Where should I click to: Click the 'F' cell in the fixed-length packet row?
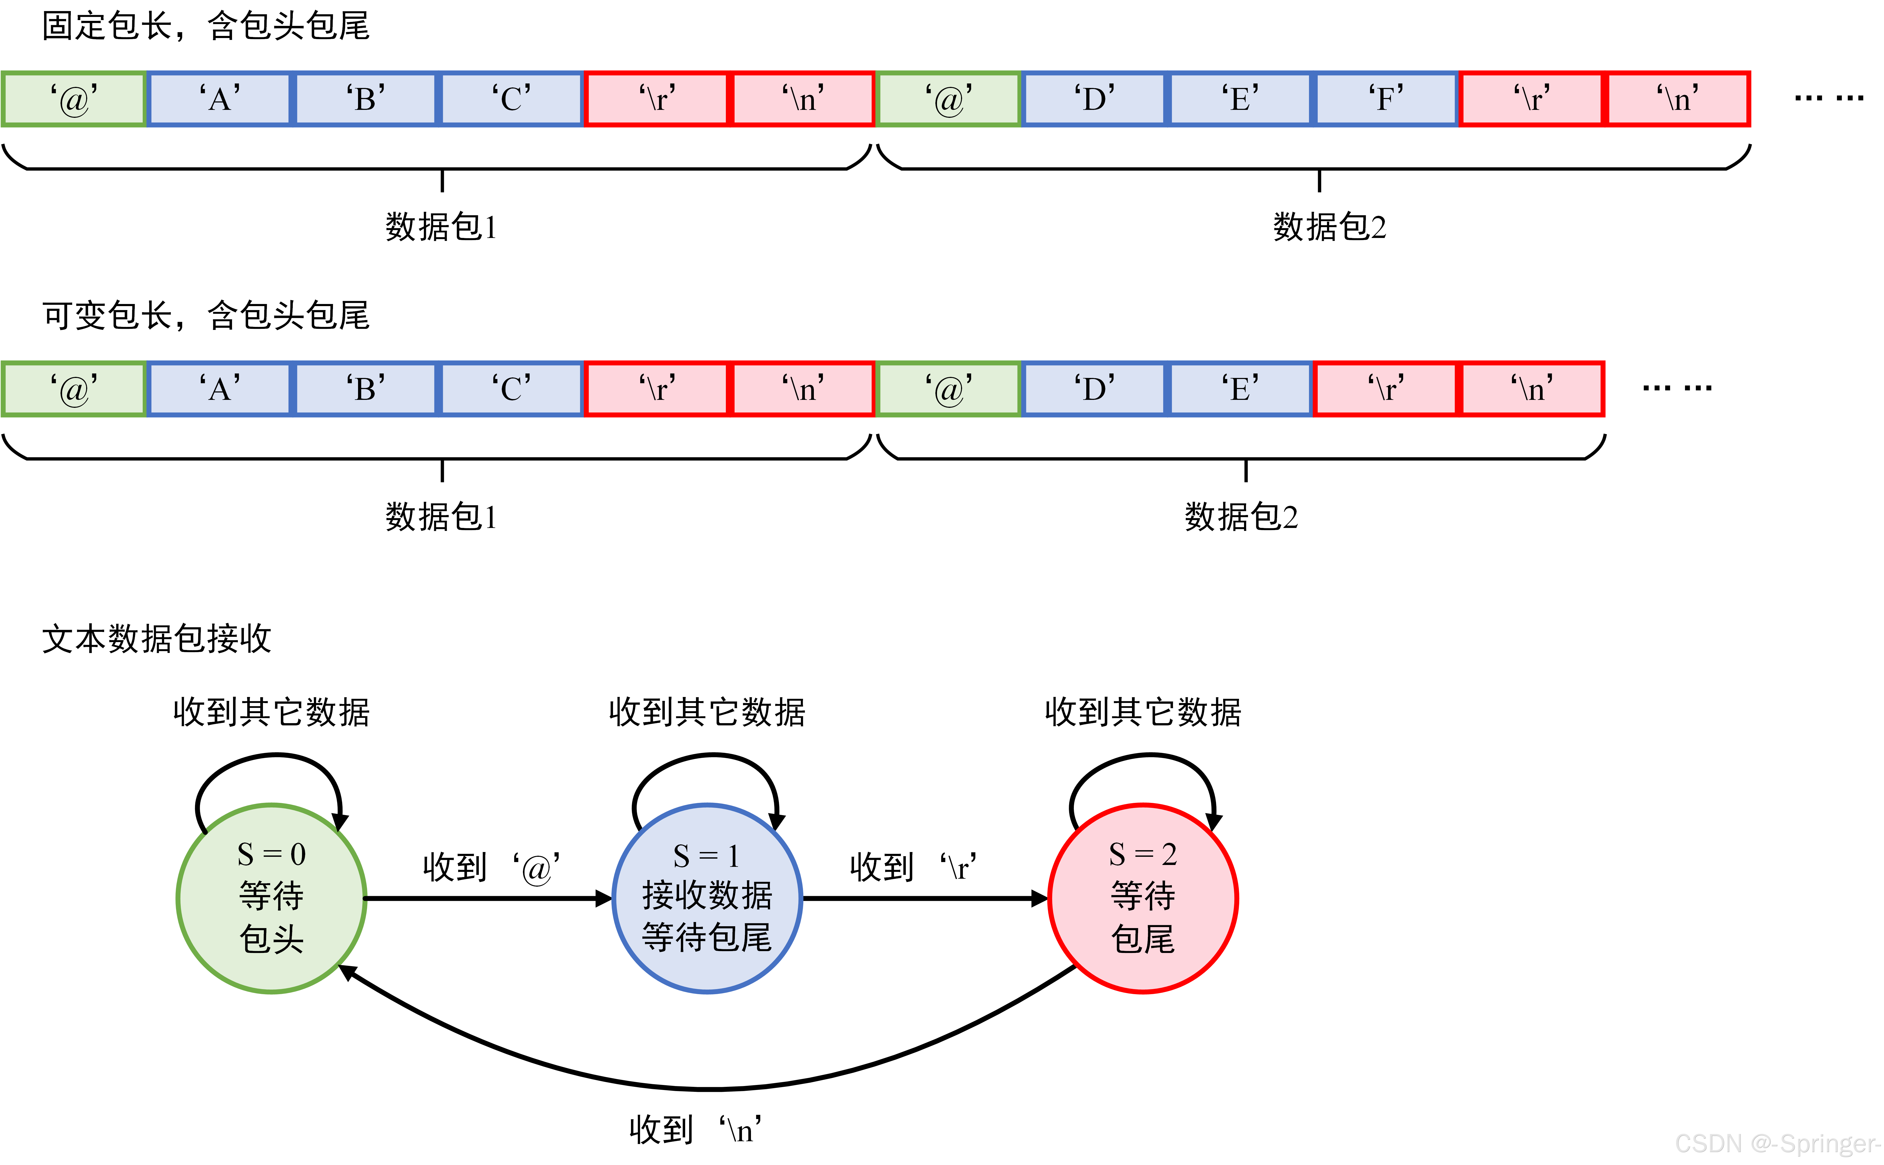point(1386,99)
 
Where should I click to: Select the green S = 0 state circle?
point(271,899)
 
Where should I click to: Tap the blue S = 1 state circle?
point(707,899)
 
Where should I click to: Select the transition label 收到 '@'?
point(491,868)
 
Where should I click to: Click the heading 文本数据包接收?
point(156,639)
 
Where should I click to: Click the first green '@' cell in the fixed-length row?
point(74,99)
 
